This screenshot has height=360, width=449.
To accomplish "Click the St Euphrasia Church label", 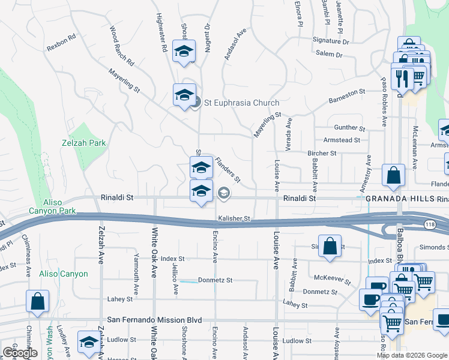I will pos(241,103).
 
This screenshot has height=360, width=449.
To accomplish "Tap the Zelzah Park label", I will pos(83,143).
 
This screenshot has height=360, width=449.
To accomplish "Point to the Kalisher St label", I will pos(234,219).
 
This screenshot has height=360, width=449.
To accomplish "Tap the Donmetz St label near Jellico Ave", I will pos(215,280).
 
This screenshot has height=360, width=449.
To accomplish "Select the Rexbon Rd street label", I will pos(62,37).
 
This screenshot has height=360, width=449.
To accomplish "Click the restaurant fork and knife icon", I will pos(402,78).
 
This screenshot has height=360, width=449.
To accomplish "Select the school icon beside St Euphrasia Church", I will pos(184,94).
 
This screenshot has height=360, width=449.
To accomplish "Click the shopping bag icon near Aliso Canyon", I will pos(37,302).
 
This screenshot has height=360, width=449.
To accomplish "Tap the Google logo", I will pos(19,353).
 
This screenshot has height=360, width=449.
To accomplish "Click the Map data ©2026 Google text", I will pos(411,355).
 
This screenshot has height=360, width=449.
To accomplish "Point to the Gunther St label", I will pos(349,128).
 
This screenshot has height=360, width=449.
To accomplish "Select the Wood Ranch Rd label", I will pos(121,45).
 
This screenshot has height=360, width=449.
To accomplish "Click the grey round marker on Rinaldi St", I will pos(223,192).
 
